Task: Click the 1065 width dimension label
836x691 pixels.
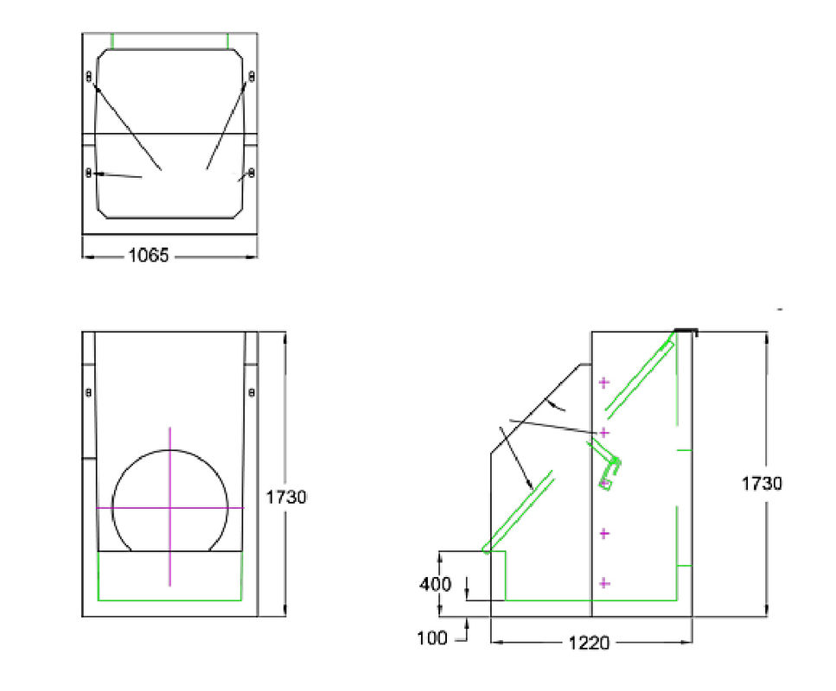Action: pos(149,255)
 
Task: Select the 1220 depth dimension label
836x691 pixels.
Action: pos(591,643)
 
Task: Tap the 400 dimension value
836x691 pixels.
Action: pos(436,585)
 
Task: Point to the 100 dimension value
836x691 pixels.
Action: pos(431,638)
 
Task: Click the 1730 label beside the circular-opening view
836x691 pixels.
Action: pos(286,497)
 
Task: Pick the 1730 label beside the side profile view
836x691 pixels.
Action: pos(762,484)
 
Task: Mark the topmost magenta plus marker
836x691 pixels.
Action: pos(603,381)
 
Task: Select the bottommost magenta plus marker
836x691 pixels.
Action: pos(603,584)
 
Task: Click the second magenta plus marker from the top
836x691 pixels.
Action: pos(604,431)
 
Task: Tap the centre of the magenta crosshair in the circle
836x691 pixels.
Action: pos(169,508)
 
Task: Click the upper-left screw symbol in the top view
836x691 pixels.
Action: pos(89,77)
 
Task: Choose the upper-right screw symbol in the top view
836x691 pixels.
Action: pos(251,77)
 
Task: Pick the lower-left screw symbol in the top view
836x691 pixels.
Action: pos(89,174)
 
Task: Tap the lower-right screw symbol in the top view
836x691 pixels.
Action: pos(251,174)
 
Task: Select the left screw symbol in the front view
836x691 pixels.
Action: pos(89,393)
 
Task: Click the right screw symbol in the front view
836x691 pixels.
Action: pos(251,393)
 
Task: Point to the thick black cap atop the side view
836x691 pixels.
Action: pos(686,331)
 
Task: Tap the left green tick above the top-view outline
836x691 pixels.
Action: pos(112,41)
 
